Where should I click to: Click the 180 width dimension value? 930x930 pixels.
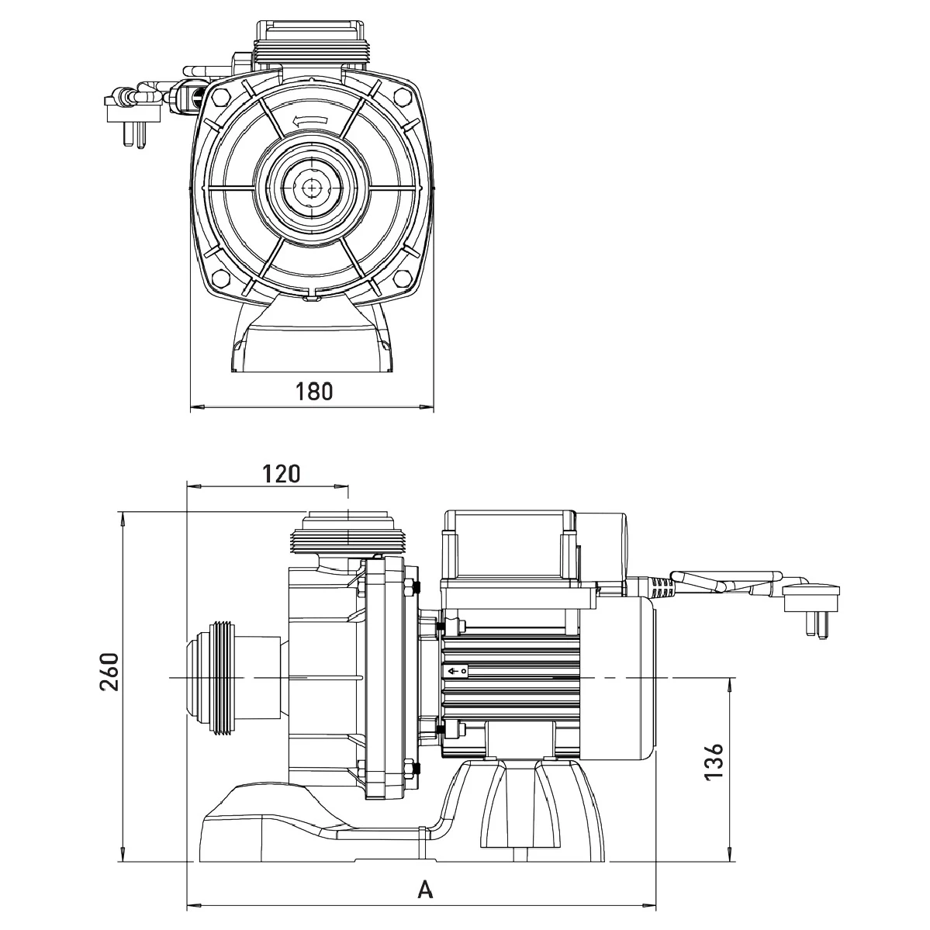pos(313,391)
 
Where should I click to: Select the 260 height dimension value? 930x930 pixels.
pos(109,671)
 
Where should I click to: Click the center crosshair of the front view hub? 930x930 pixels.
pos(312,186)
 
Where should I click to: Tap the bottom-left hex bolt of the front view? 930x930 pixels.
pos(220,278)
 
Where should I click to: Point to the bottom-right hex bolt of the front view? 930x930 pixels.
pos(403,278)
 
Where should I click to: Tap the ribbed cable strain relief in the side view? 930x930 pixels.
pos(659,587)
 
